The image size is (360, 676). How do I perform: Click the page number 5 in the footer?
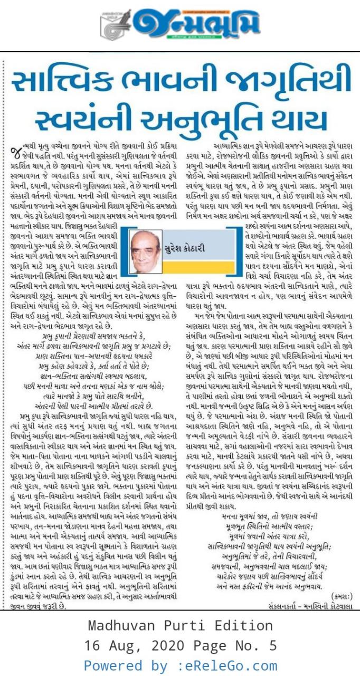point(272,645)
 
